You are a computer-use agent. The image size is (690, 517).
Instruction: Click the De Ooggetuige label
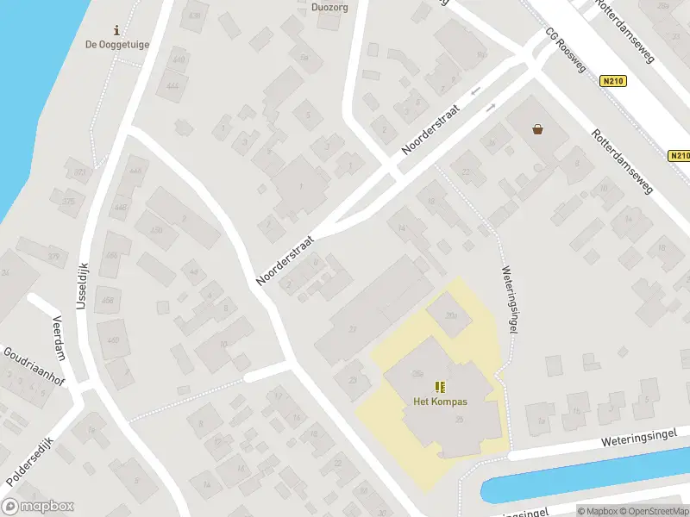pyautogui.click(x=117, y=45)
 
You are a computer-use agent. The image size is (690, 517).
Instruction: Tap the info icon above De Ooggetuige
pyautogui.click(x=117, y=30)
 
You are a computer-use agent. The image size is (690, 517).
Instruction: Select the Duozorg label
pyautogui.click(x=329, y=8)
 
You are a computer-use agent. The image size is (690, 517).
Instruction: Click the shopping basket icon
pyautogui.click(x=538, y=129)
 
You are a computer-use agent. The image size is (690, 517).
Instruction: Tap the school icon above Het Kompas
pyautogui.click(x=440, y=386)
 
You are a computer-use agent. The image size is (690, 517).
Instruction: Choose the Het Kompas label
pyautogui.click(x=440, y=402)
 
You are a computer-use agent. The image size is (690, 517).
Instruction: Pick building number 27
pyautogui.click(x=352, y=329)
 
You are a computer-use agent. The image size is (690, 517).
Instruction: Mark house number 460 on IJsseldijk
pyautogui.click(x=113, y=339)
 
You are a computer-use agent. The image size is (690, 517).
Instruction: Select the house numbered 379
pyautogui.click(x=54, y=256)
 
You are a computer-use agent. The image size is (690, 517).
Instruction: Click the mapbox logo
pyautogui.click(x=38, y=507)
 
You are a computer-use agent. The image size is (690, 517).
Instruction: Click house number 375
pyautogui.click(x=69, y=202)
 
